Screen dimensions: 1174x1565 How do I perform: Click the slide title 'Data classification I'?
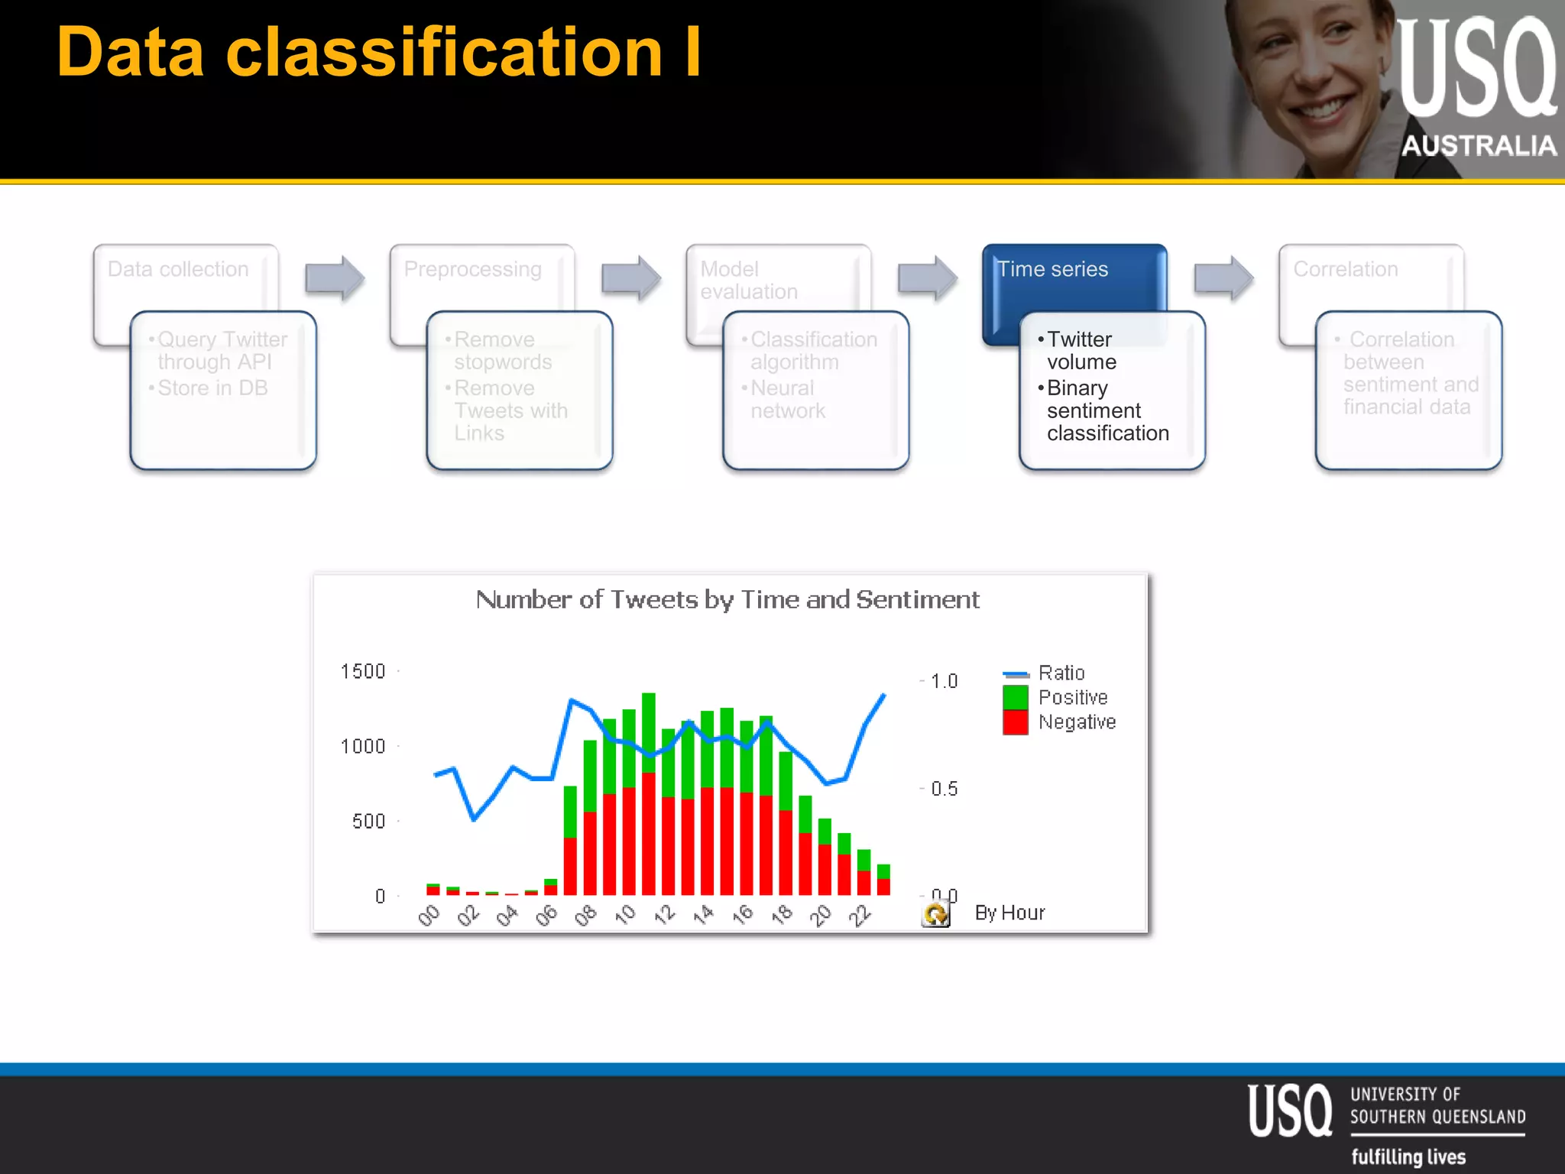click(x=379, y=52)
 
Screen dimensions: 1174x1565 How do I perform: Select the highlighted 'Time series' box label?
click(x=1052, y=269)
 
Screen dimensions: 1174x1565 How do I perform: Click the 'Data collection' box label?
click(x=178, y=269)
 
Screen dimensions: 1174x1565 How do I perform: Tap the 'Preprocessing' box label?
click(x=472, y=269)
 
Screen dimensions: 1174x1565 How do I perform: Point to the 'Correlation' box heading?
click(x=1345, y=269)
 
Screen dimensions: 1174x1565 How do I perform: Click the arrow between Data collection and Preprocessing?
click(x=334, y=277)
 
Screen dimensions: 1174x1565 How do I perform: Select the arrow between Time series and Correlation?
click(x=1223, y=277)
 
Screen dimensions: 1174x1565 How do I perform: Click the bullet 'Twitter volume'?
click(x=1081, y=350)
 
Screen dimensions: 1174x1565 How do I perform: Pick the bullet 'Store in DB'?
click(x=212, y=388)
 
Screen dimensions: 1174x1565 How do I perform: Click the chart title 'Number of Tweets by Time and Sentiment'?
click(x=727, y=600)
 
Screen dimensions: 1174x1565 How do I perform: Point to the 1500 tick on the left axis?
click(x=362, y=671)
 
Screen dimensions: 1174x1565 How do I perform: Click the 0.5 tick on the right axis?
click(x=944, y=789)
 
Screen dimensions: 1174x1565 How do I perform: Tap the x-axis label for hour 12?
click(x=664, y=914)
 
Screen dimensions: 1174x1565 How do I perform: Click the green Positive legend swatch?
click(x=1015, y=697)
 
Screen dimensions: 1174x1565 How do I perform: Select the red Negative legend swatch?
click(x=1015, y=722)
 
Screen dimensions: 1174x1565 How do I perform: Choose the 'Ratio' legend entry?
click(x=1061, y=673)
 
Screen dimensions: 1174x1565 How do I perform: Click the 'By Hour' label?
click(x=1009, y=913)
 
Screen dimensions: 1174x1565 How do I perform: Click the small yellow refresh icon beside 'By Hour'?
click(x=935, y=913)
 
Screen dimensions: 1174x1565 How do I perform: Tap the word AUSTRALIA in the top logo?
click(x=1479, y=145)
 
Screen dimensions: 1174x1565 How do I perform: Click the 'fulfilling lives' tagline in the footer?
click(x=1408, y=1156)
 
